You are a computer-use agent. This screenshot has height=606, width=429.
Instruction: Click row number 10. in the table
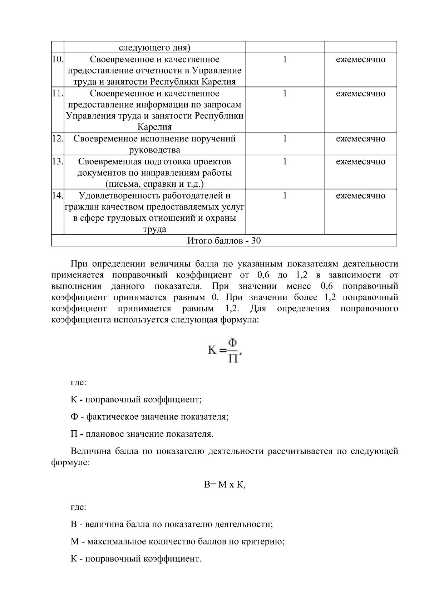pos(57,59)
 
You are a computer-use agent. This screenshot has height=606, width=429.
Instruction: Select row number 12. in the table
pos(57,139)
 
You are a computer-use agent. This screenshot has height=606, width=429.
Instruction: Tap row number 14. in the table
pos(57,195)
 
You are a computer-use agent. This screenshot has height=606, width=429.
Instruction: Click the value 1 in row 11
pos(285,94)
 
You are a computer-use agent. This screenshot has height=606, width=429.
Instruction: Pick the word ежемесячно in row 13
pos(360,161)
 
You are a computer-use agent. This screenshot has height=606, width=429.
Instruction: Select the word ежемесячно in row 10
pos(360,59)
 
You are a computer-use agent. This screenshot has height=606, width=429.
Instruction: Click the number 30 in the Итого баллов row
pos(256,241)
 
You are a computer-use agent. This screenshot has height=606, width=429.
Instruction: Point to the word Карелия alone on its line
pos(154,127)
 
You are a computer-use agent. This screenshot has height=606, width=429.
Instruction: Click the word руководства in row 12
pos(154,150)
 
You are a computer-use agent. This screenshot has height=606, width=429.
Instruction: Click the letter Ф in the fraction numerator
pos(232,343)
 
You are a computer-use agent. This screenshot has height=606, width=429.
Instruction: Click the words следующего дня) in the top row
pos(154,48)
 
